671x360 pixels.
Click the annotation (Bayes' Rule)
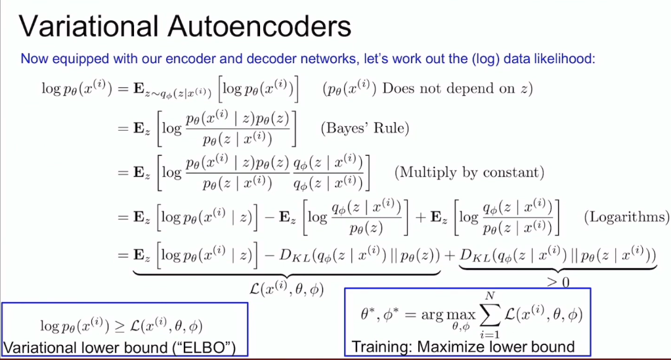click(364, 127)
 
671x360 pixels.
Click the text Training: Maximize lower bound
click(464, 346)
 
